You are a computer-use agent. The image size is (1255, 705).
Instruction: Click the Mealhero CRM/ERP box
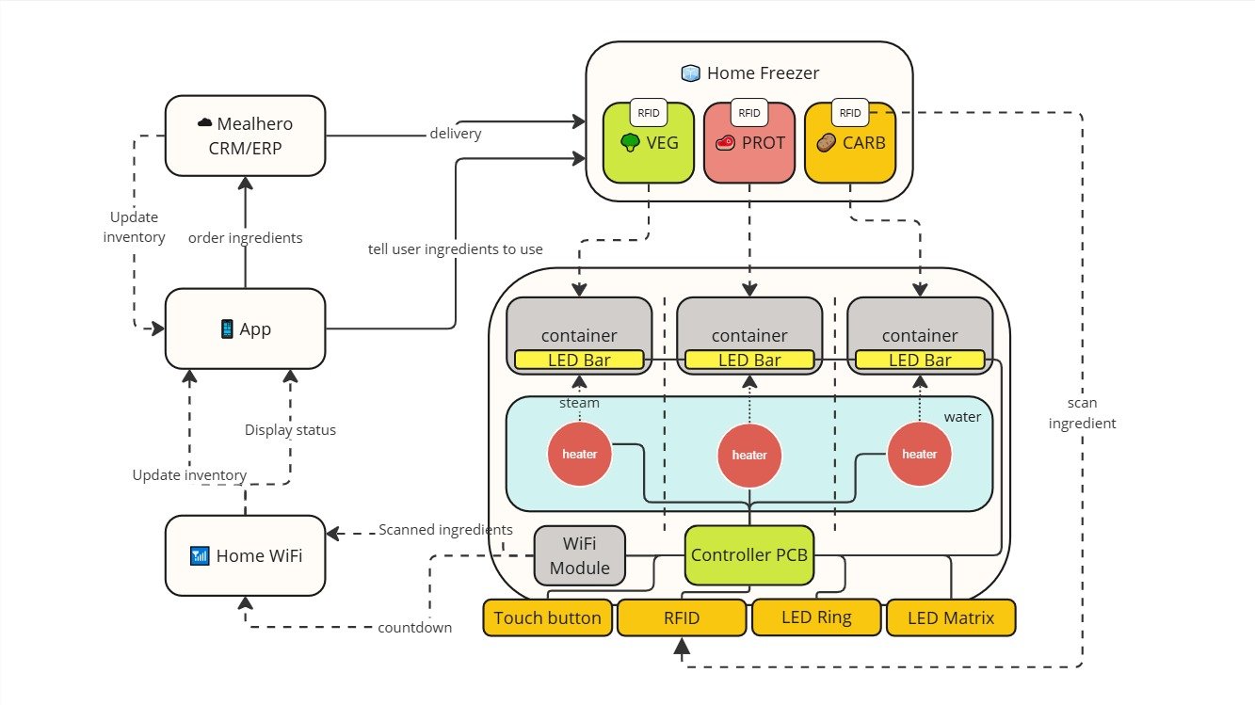(x=245, y=135)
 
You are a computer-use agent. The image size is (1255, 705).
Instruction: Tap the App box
(x=245, y=328)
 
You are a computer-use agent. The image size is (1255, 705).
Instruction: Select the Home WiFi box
(x=245, y=555)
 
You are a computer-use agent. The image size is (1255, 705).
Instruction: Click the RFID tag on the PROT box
(x=749, y=113)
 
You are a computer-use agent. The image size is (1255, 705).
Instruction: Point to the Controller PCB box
(x=749, y=555)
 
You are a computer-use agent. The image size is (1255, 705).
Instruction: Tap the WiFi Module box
(x=579, y=555)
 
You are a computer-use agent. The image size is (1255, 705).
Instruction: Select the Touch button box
(x=547, y=618)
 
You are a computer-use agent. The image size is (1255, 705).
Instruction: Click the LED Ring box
(x=816, y=618)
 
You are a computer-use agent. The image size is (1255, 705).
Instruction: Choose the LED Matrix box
(x=951, y=618)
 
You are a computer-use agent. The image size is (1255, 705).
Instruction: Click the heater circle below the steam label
(x=579, y=455)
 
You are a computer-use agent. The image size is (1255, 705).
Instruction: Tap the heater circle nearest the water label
(x=919, y=455)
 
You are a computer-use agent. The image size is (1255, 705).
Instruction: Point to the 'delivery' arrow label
(x=456, y=134)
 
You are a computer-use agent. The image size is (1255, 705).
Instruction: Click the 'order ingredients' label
(x=245, y=238)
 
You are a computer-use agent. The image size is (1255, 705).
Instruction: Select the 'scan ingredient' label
(x=1082, y=413)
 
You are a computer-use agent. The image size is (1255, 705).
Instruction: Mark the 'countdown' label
(x=415, y=628)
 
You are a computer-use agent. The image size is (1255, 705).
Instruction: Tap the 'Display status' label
(x=290, y=430)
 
